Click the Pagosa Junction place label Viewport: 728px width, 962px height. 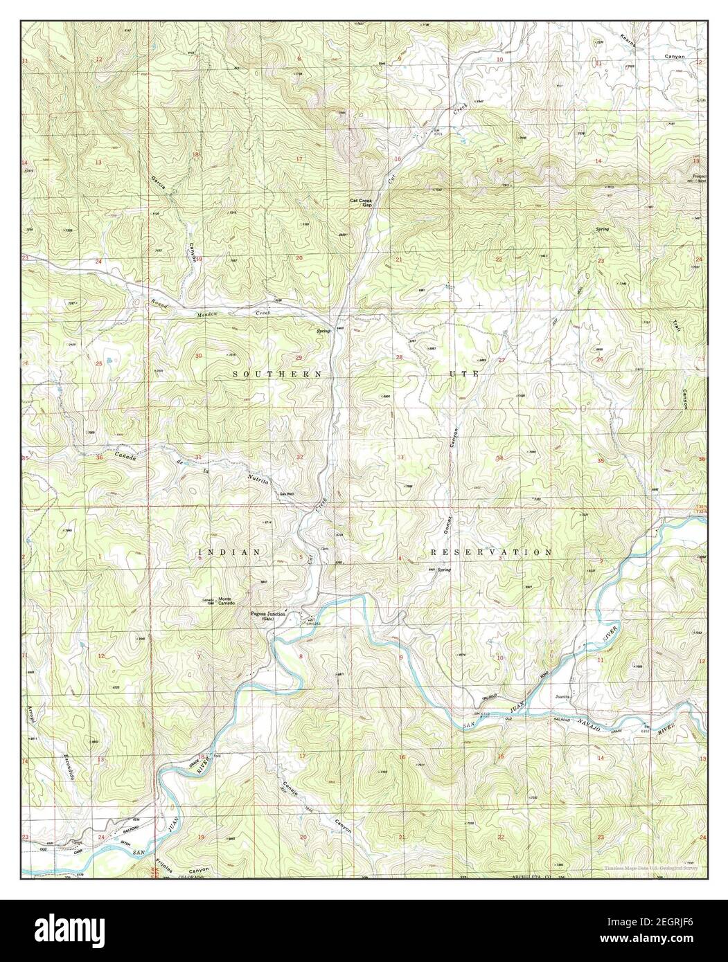pos(274,612)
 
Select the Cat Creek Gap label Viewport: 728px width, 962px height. pos(361,203)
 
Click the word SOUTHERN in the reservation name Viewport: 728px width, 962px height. pos(276,374)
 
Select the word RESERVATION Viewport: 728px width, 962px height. pos(490,553)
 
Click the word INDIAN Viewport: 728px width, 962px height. pos(229,552)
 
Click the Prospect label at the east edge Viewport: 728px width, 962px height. pos(698,176)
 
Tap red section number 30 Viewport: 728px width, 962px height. pos(199,356)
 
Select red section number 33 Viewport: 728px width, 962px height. pos(400,457)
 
